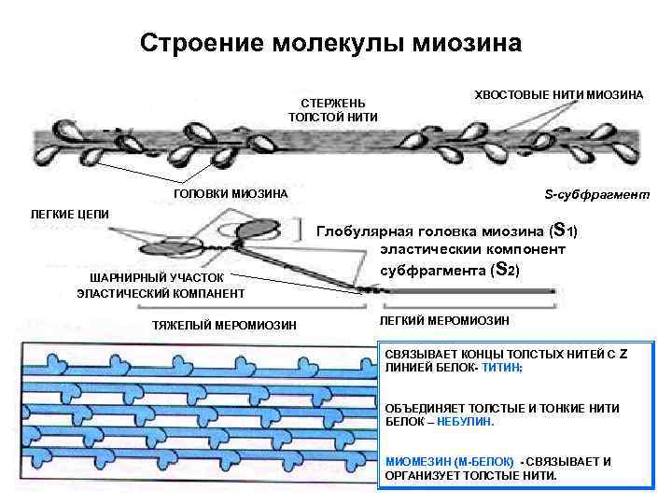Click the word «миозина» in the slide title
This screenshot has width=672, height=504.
tap(462, 43)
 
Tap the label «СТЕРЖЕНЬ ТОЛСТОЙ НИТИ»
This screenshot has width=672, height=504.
tap(333, 109)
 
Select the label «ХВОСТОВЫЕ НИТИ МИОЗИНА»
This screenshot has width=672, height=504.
tap(560, 96)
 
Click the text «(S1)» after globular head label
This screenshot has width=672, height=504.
tap(566, 230)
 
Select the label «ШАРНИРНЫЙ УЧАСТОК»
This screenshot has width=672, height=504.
tap(157, 277)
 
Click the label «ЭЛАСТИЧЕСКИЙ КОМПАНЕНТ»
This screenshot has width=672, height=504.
tap(161, 293)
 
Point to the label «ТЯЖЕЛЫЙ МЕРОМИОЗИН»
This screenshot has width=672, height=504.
tap(224, 325)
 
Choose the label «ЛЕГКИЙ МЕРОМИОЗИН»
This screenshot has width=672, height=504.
tap(444, 320)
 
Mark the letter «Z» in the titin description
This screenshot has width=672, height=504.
tap(623, 353)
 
